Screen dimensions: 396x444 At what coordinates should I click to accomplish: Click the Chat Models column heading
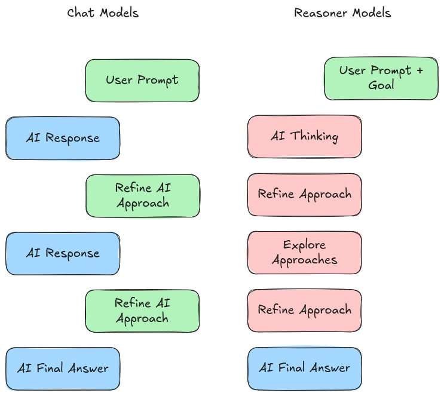(103, 13)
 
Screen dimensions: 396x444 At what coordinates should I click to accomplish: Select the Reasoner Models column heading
(342, 13)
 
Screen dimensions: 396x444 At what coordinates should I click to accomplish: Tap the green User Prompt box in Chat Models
(142, 80)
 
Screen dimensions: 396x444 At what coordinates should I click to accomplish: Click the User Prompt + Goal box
(381, 78)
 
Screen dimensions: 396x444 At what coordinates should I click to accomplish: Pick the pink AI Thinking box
(304, 137)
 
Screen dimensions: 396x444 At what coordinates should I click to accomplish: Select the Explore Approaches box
(304, 253)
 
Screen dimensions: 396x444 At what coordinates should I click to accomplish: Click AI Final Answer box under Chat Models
(63, 369)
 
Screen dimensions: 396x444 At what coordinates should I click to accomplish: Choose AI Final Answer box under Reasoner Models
(304, 368)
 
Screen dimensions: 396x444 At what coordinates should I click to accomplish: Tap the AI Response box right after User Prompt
(63, 138)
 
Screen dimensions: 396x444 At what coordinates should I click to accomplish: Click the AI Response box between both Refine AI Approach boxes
(63, 253)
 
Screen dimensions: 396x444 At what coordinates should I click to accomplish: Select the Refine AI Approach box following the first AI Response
(142, 195)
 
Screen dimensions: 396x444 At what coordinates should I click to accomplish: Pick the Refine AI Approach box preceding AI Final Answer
(142, 311)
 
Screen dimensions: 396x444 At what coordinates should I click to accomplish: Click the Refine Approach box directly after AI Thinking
(304, 195)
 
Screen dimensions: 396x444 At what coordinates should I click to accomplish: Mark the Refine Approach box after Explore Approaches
(304, 310)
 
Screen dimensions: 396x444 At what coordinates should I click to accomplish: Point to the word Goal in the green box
(381, 85)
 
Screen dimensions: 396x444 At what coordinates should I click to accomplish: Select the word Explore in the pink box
(304, 245)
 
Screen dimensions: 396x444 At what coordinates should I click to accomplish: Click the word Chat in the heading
(80, 13)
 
